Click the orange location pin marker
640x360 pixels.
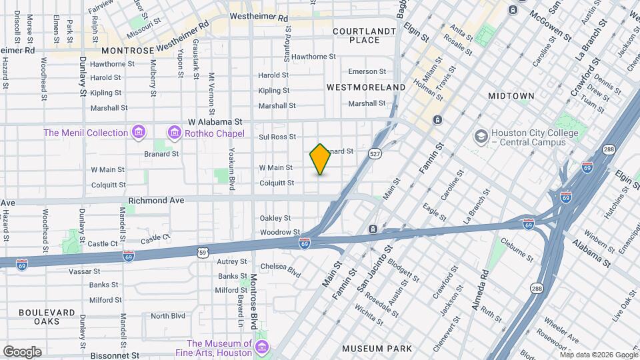[x=321, y=159]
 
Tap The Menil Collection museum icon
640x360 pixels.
[x=138, y=132]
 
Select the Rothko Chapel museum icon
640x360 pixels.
[x=174, y=132]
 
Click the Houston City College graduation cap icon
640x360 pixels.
[x=480, y=137]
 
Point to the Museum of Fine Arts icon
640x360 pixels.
[x=262, y=348]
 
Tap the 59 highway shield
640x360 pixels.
[x=202, y=251]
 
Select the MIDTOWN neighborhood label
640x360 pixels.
[x=511, y=96]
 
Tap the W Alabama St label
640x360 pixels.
[x=215, y=122]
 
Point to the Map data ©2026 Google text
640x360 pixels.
[x=599, y=355]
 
